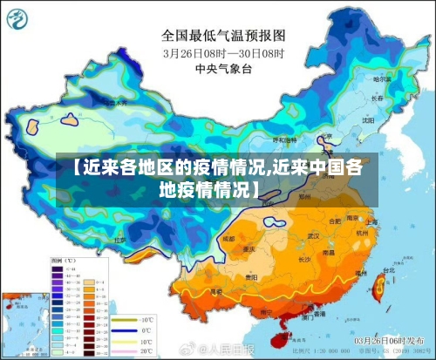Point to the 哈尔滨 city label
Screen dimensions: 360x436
(x=380, y=79)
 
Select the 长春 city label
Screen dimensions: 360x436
(x=378, y=98)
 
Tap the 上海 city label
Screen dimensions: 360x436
(x=372, y=221)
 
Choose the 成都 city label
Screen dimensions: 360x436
(x=228, y=237)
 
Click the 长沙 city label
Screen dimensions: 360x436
(x=305, y=259)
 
